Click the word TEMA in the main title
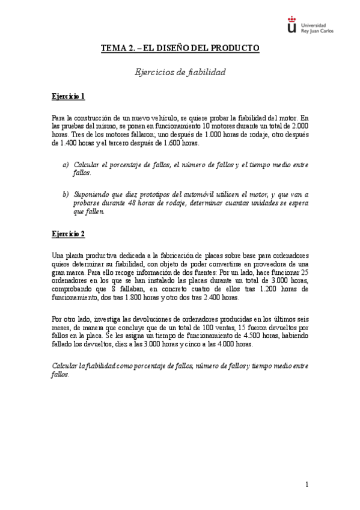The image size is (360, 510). (x=112, y=47)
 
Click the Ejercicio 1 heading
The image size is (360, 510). (x=68, y=96)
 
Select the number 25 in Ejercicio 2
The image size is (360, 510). (x=305, y=272)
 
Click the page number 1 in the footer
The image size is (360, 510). (x=307, y=485)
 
